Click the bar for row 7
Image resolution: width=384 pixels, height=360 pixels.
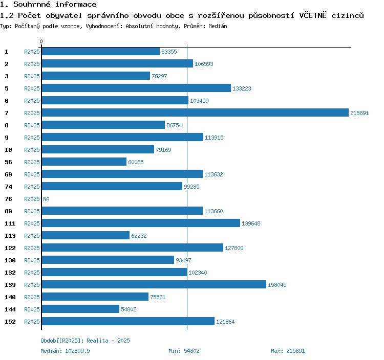tap(195, 113)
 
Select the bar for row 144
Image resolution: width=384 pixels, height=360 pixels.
tap(80, 309)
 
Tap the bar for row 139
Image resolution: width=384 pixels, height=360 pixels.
tap(154, 285)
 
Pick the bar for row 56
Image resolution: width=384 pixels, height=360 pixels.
tap(84, 162)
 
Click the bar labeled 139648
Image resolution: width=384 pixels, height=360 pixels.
tap(141, 223)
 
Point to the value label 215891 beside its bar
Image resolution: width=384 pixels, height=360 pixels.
tap(359, 113)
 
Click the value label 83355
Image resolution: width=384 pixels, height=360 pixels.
tap(169, 52)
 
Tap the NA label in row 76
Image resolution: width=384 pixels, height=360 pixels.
tap(46, 199)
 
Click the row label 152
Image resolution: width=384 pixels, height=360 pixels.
tap(10, 322)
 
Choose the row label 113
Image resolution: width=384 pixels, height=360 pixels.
tap(10, 236)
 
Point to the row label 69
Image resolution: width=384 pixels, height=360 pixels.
tap(8, 174)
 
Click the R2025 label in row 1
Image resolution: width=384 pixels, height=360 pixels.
tap(32, 52)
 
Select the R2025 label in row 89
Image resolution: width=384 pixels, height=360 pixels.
tap(32, 211)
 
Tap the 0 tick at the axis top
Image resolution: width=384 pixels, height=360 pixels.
tap(41, 41)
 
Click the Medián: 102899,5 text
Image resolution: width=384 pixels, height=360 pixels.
tap(65, 351)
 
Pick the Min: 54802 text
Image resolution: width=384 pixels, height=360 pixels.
tap(184, 351)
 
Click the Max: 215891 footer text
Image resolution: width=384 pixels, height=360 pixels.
tap(288, 351)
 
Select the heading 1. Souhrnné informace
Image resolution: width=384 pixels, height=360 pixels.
tap(48, 5)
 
